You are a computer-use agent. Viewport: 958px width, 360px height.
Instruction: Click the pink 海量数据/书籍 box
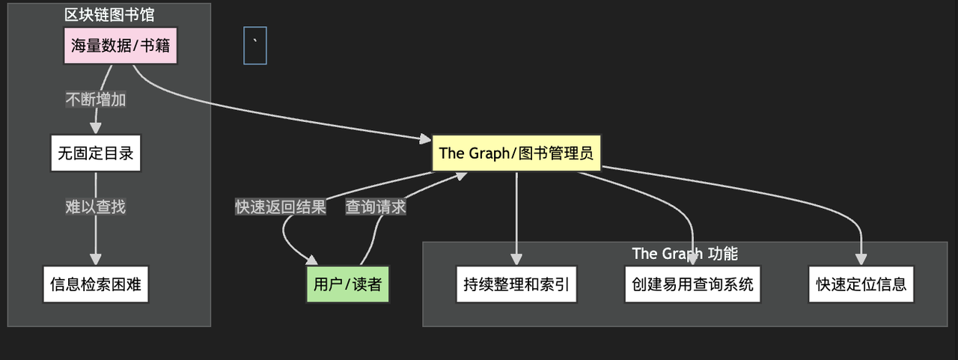(120, 46)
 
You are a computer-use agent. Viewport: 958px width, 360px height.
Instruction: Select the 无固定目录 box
(95, 153)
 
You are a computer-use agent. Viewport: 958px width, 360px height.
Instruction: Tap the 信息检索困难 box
(95, 284)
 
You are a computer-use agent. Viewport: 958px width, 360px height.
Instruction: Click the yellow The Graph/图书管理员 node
(516, 153)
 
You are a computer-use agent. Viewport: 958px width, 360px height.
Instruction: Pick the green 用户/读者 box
(347, 284)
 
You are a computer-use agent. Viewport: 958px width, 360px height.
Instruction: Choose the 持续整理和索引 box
(516, 284)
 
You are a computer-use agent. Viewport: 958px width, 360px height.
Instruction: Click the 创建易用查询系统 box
(692, 284)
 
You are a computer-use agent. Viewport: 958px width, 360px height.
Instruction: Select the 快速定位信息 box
(861, 284)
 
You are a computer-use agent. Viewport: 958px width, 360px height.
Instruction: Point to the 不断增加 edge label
(96, 100)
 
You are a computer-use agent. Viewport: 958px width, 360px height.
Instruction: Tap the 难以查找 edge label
(95, 207)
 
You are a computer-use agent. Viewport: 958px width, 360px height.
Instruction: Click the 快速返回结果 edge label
(281, 207)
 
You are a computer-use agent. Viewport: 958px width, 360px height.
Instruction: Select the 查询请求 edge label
(376, 207)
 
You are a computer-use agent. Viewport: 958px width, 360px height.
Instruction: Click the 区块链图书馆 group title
(109, 14)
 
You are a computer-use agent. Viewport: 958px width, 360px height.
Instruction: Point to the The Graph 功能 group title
(685, 254)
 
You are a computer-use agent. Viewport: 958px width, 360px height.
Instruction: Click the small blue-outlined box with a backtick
(255, 46)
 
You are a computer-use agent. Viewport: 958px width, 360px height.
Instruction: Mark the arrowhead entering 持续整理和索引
(516, 260)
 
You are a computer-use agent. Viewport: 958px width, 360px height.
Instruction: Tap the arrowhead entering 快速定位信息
(861, 260)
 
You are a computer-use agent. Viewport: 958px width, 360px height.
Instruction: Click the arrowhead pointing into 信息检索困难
(95, 260)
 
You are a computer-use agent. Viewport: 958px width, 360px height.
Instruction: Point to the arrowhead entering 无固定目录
(95, 129)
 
